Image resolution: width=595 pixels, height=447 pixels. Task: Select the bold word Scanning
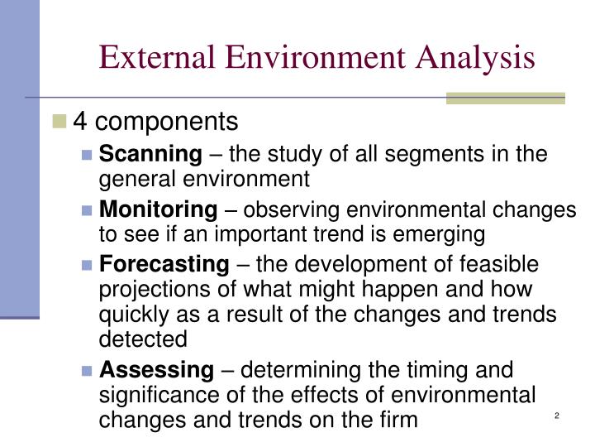[x=150, y=153]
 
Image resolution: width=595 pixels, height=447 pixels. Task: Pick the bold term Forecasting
[x=164, y=265]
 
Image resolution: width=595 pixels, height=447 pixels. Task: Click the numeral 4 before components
[x=80, y=123]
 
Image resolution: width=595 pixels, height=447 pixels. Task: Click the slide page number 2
[x=557, y=416]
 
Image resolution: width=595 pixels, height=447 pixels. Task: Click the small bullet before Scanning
[x=88, y=154]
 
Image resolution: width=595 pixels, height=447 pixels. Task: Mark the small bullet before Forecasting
[x=88, y=266]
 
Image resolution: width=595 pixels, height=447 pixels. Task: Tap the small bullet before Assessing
[x=88, y=369]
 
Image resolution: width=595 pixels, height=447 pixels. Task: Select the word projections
[x=152, y=291]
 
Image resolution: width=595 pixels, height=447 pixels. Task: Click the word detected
[x=143, y=339]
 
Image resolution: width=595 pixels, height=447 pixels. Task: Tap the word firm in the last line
[x=399, y=420]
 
